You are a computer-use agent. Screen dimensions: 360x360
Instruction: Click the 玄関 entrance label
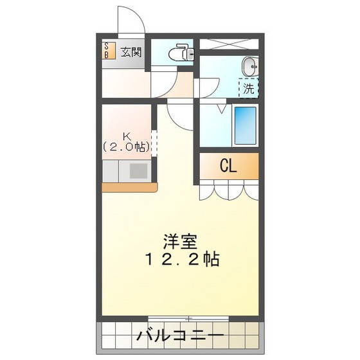pyautogui.click(x=131, y=52)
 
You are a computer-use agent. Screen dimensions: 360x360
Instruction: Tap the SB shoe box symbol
pyautogui.click(x=107, y=51)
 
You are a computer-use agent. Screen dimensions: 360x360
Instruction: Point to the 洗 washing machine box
pyautogui.click(x=249, y=89)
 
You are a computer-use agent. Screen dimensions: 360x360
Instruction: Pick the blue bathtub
pyautogui.click(x=245, y=125)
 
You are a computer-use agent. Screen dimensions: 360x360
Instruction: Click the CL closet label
pyautogui.click(x=228, y=166)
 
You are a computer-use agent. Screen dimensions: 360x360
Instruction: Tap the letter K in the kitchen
pyautogui.click(x=127, y=136)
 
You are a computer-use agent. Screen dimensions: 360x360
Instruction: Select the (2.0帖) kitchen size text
pyautogui.click(x=127, y=147)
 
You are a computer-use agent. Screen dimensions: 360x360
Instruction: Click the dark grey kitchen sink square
pyautogui.click(x=139, y=171)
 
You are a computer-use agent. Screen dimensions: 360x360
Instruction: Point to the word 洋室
pyautogui.click(x=179, y=242)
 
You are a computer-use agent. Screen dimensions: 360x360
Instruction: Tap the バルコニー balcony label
pyautogui.click(x=181, y=336)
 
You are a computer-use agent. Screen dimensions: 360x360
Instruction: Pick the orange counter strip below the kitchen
pyautogui.click(x=129, y=187)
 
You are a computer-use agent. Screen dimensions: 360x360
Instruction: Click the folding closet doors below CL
pyautogui.click(x=229, y=191)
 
